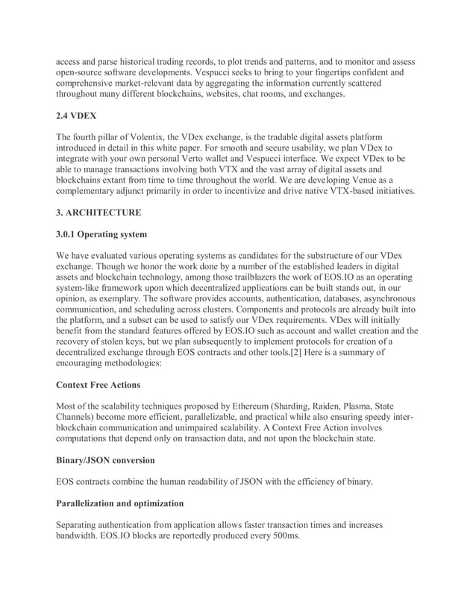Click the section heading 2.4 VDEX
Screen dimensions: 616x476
click(77, 116)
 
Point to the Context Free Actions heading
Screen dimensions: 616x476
click(104, 385)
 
